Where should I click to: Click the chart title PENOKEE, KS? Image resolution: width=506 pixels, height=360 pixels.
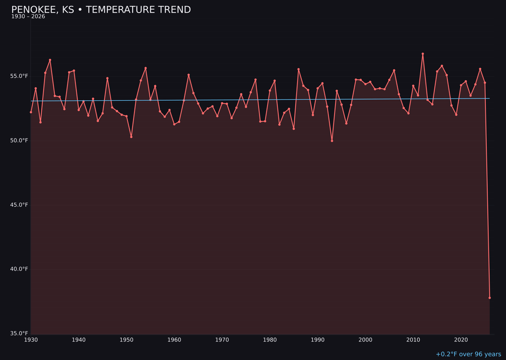pos(101,10)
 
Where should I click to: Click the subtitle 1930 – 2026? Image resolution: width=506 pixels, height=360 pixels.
pos(28,17)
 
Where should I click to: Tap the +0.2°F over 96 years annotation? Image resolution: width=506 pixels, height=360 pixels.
pos(468,354)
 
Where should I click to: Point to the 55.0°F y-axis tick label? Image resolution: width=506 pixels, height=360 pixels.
pos(20,76)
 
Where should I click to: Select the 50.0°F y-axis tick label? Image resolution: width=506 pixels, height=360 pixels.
pos(20,141)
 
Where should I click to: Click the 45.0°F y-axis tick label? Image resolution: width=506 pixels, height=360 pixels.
pos(20,205)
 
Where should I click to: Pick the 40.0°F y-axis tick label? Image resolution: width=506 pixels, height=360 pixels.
pos(20,269)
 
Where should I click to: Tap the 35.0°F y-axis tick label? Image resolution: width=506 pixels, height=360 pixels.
pos(20,333)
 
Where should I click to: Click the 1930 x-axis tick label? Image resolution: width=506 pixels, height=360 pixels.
pos(31,340)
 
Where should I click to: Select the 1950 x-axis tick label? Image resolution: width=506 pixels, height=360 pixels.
pos(126,340)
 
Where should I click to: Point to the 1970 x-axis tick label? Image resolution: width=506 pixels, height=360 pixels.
pos(222,340)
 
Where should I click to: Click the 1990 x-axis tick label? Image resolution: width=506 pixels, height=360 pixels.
pos(318,340)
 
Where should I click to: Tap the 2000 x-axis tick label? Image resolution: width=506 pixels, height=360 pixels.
pos(365,340)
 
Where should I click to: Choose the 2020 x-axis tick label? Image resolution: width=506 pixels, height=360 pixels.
pos(461,340)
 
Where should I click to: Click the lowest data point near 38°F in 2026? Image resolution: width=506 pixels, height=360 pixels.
pos(490,298)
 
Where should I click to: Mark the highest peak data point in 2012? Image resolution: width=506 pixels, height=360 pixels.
pos(423,54)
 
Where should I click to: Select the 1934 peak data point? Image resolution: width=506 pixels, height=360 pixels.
pos(50,60)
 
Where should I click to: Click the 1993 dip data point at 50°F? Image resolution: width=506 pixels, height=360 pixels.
pos(332,141)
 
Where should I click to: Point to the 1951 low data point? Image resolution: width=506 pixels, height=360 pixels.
pos(131,137)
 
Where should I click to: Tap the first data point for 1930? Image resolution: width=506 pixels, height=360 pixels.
pos(31,112)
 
